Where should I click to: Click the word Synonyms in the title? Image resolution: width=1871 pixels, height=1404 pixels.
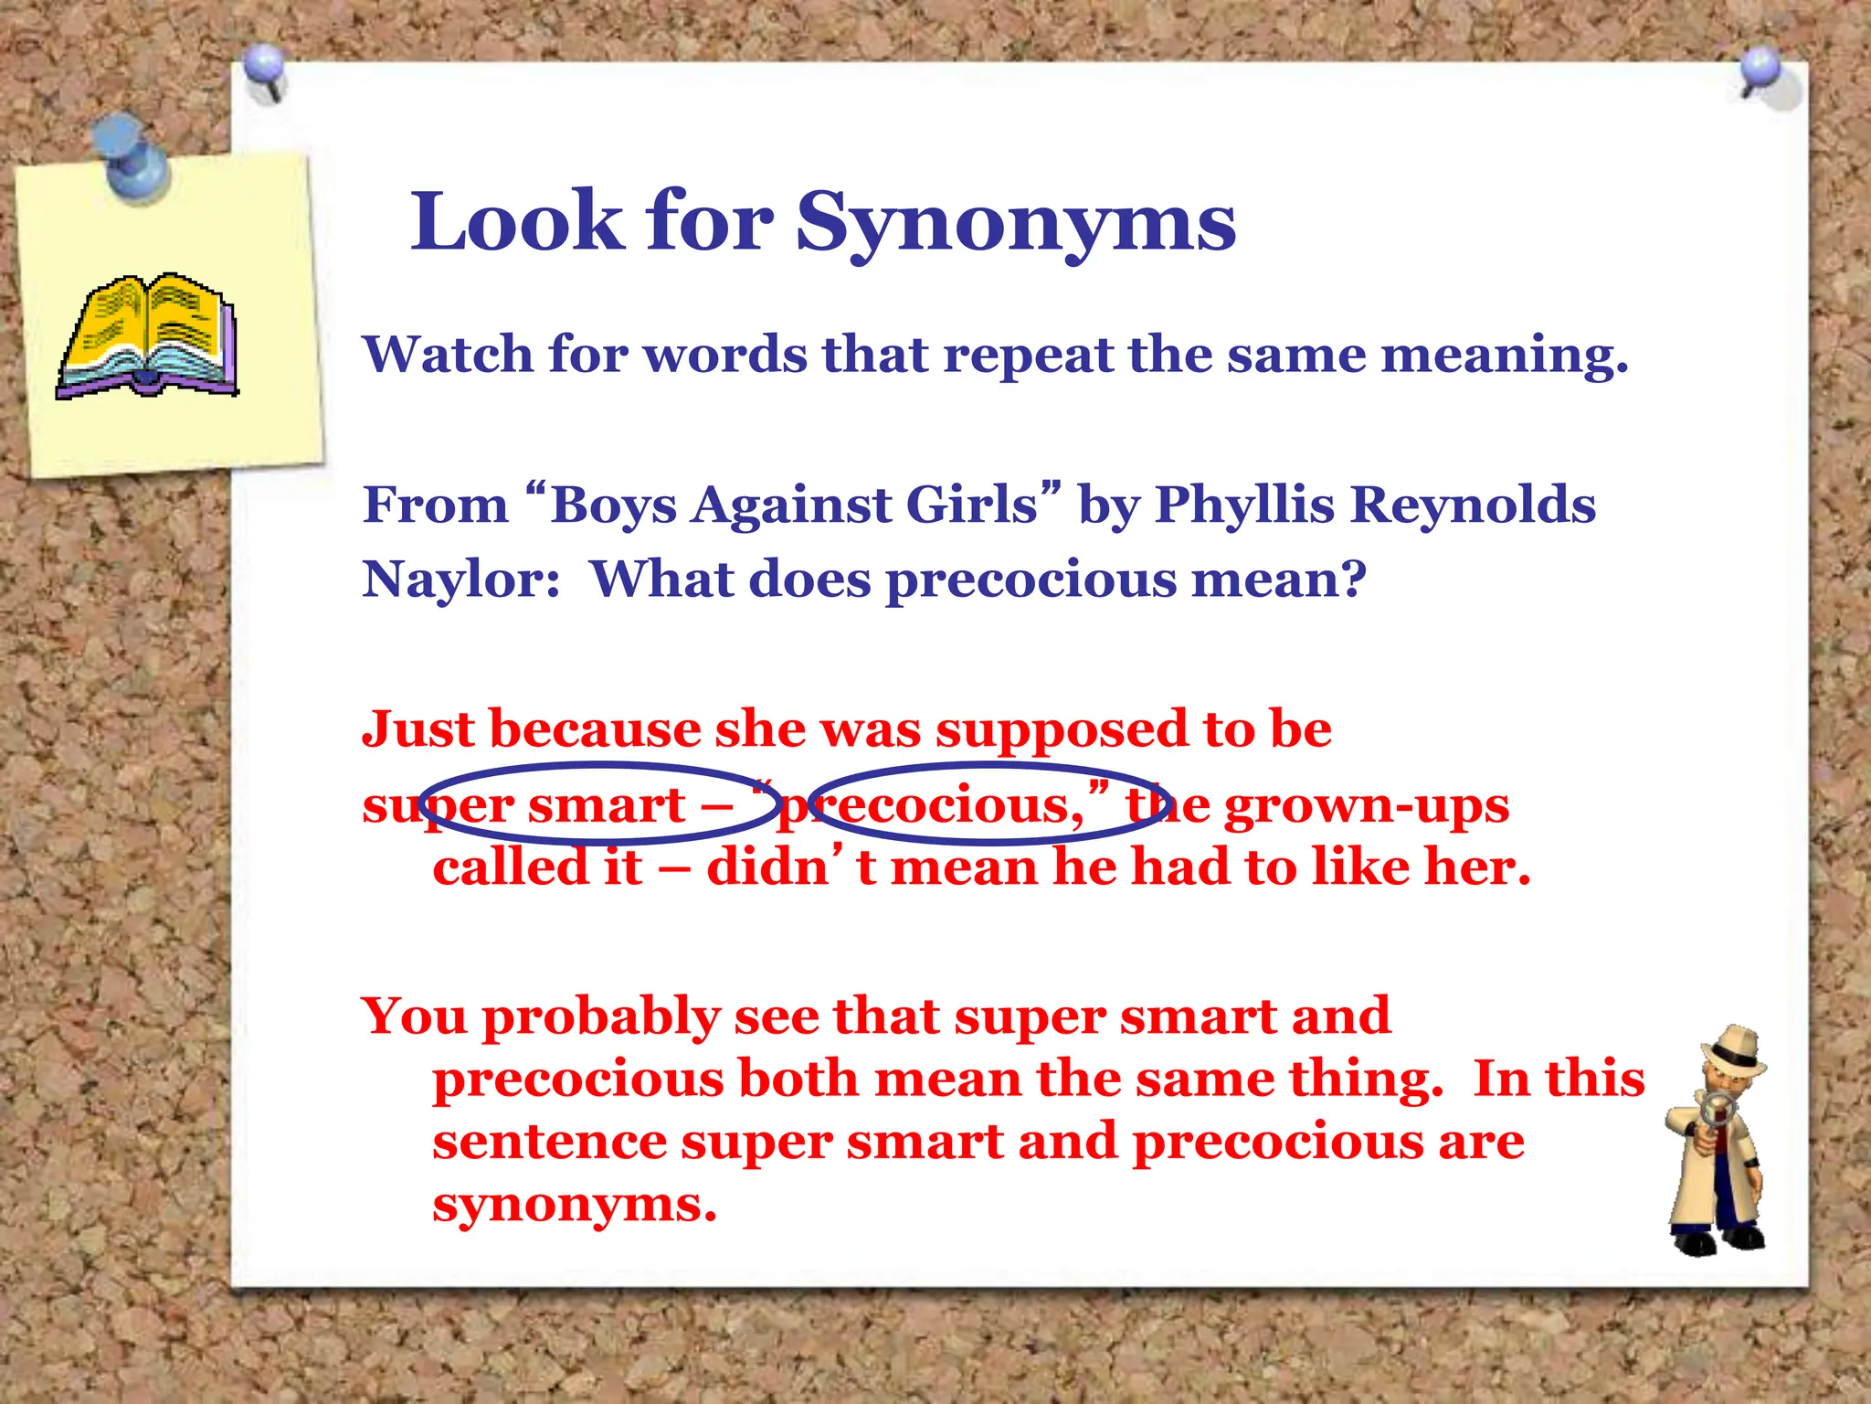click(1015, 224)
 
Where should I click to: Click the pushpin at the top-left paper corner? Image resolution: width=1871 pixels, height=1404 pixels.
click(266, 70)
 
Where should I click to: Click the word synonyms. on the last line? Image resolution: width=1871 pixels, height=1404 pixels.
click(575, 1206)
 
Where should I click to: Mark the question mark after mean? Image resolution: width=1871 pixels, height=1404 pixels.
click(1353, 580)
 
